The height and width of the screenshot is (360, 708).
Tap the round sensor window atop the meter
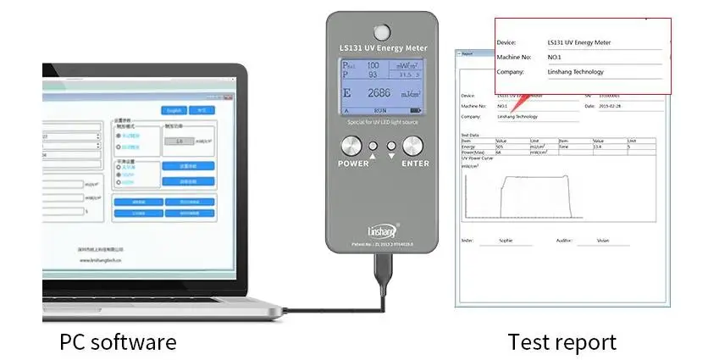tap(380, 31)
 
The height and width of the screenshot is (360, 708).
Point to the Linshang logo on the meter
tap(380, 229)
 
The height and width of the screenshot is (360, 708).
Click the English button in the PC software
tap(174, 110)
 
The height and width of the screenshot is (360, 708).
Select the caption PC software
tap(118, 341)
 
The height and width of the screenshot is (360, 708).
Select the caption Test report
tap(561, 341)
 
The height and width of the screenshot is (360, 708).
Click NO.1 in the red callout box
tap(556, 57)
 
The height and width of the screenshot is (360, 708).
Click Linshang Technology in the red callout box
tap(575, 72)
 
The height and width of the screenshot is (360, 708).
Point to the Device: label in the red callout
tap(506, 42)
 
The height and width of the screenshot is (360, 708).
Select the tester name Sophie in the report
tap(506, 241)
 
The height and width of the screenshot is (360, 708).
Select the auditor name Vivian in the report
tap(602, 241)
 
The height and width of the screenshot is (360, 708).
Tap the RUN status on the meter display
tap(380, 110)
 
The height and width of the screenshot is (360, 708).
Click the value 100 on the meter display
tap(372, 65)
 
